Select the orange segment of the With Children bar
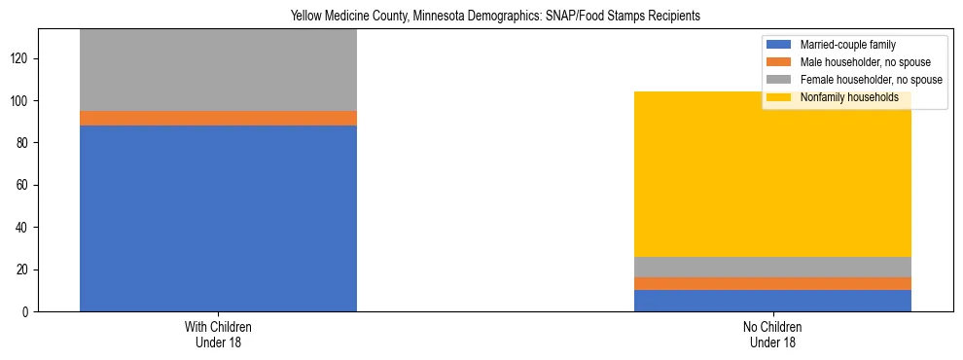click(x=218, y=118)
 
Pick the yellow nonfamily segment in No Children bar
click(x=772, y=174)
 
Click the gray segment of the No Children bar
click(x=772, y=267)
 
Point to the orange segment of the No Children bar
click(x=772, y=283)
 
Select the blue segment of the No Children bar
click(x=772, y=301)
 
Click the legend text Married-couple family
click(x=847, y=45)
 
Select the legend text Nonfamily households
click(x=843, y=97)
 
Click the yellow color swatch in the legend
click(x=779, y=97)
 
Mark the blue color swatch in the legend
click(x=779, y=45)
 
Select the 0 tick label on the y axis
click(x=27, y=311)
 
